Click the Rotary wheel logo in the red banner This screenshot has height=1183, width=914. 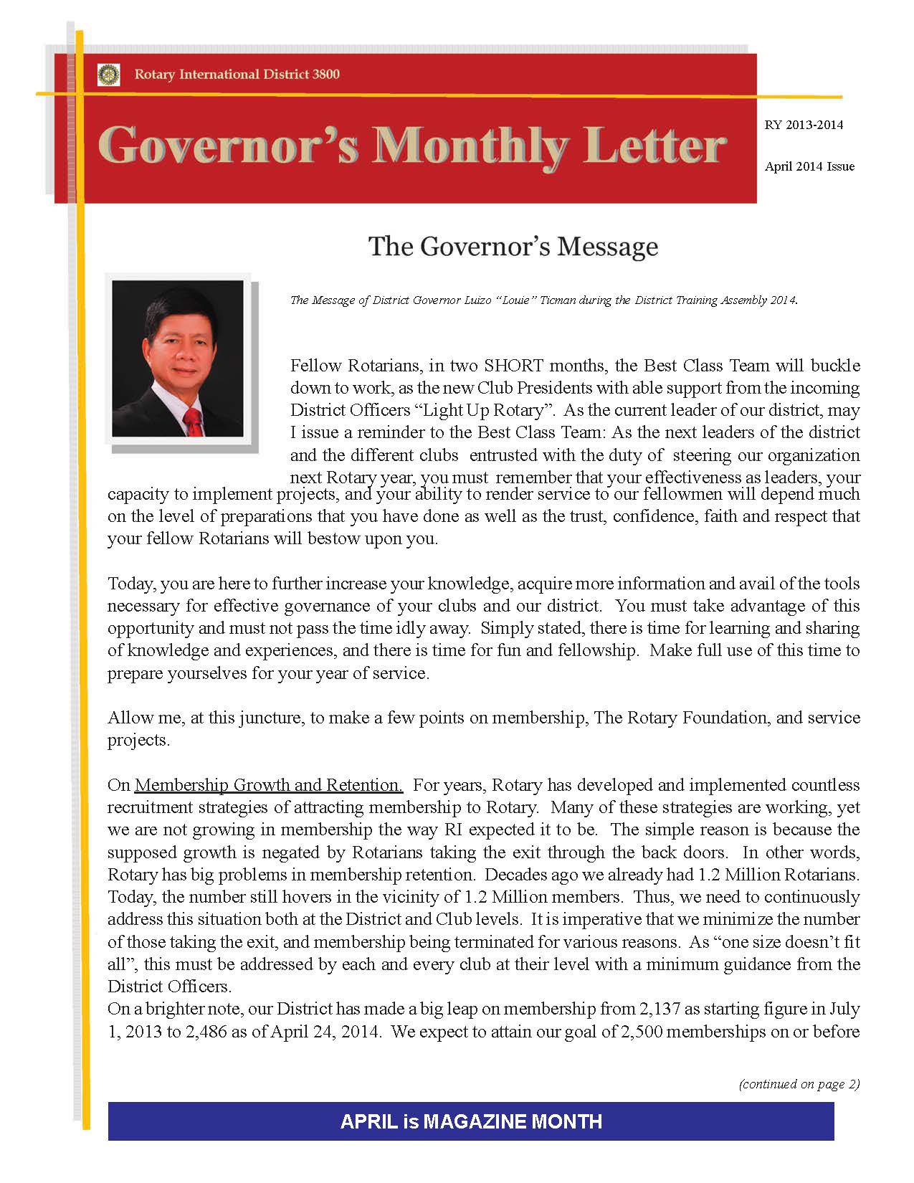[x=108, y=75]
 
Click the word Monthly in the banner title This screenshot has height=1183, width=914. [x=470, y=147]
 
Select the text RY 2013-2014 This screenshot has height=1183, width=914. [x=804, y=125]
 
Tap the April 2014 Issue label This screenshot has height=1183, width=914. [x=809, y=166]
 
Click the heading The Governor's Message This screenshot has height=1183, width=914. [x=513, y=246]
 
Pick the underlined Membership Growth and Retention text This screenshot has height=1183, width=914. [x=269, y=785]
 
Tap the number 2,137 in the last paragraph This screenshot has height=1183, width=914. [x=660, y=1009]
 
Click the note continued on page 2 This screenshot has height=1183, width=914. [x=799, y=1084]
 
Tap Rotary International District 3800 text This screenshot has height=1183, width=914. [x=237, y=75]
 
